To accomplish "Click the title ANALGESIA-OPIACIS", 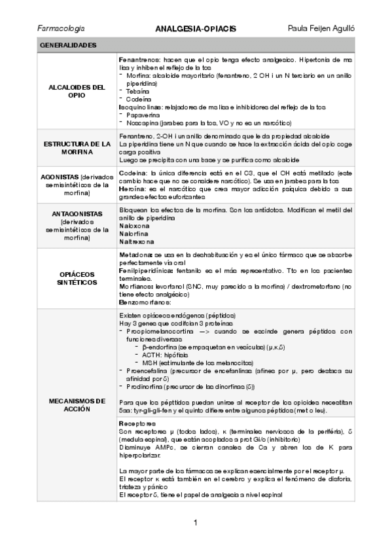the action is click(196, 29).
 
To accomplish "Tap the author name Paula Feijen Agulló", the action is click(321, 29).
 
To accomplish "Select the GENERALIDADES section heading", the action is click(68, 45).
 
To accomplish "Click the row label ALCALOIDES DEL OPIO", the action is click(77, 90).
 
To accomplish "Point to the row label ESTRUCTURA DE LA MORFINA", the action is click(77, 147).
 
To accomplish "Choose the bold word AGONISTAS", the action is click(62, 177).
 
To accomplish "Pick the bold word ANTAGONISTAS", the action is click(77, 214).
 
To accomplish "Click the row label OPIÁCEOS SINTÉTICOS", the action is click(77, 277).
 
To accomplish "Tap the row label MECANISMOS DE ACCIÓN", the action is click(77, 404).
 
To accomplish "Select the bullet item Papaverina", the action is click(142, 114).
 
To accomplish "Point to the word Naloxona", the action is click(134, 224).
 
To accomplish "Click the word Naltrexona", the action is click(136, 240).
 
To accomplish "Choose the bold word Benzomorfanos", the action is click(143, 304).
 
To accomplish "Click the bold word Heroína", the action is click(133, 188).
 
